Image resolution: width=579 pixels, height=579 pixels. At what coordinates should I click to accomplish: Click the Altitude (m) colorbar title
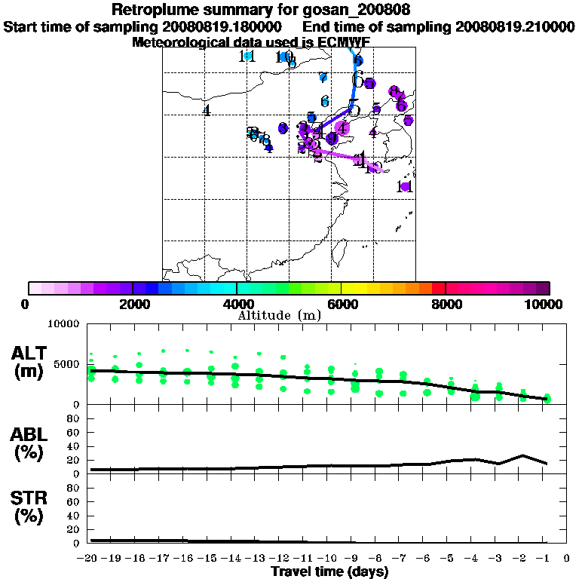point(279,315)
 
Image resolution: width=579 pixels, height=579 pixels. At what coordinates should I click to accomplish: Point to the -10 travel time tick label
point(329,559)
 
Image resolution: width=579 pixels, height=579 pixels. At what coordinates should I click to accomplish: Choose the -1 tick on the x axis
point(546,559)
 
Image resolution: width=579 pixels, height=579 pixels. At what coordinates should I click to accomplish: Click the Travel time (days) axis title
point(329,572)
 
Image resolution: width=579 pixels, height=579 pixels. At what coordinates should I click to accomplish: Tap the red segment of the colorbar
point(438,288)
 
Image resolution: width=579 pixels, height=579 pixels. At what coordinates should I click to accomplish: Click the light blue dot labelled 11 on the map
point(247,56)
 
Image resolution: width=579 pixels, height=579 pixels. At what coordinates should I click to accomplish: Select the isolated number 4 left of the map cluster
point(206,111)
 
